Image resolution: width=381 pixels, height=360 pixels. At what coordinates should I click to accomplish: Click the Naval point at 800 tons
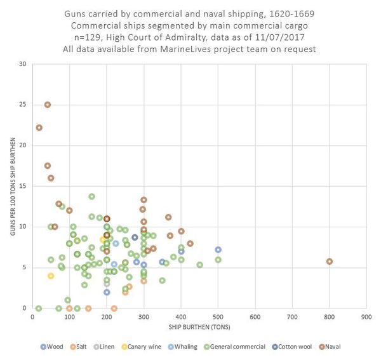[x=329, y=262]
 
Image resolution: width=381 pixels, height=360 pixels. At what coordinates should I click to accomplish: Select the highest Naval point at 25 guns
[x=48, y=105]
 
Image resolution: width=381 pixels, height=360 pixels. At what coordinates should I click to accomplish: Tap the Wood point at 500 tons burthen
[x=218, y=250]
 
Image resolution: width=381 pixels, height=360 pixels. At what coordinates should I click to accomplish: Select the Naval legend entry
[x=341, y=346]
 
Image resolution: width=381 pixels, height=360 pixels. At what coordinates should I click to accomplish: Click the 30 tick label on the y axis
[x=23, y=64]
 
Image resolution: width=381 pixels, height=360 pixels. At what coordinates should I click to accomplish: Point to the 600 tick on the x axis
[x=255, y=316]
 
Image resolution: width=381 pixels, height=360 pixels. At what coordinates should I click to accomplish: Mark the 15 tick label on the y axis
[x=23, y=186]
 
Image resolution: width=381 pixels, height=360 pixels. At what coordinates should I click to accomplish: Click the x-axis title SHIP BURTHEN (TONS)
[x=199, y=327]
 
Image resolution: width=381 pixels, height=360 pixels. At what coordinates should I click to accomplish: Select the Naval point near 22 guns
[x=39, y=128]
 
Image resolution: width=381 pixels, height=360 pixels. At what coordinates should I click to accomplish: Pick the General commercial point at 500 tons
[x=218, y=260]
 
